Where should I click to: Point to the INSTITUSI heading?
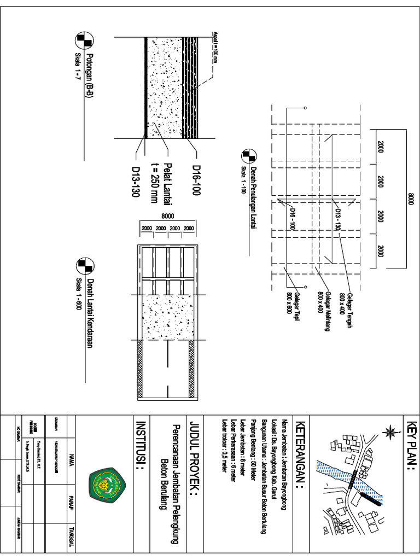140,445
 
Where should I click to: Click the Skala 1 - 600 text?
78,294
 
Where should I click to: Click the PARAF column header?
71,504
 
